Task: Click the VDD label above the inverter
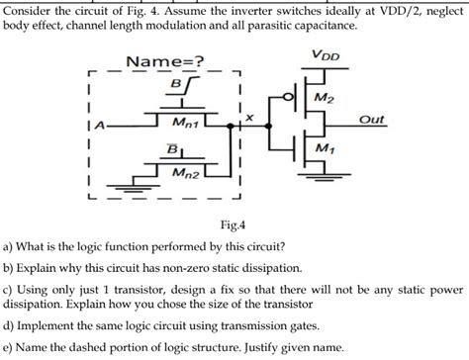[326, 55]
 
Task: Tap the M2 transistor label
[324, 98]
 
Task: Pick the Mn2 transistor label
[185, 173]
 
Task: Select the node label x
[249, 117]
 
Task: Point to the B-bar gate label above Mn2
[172, 149]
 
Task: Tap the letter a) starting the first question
[9, 246]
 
